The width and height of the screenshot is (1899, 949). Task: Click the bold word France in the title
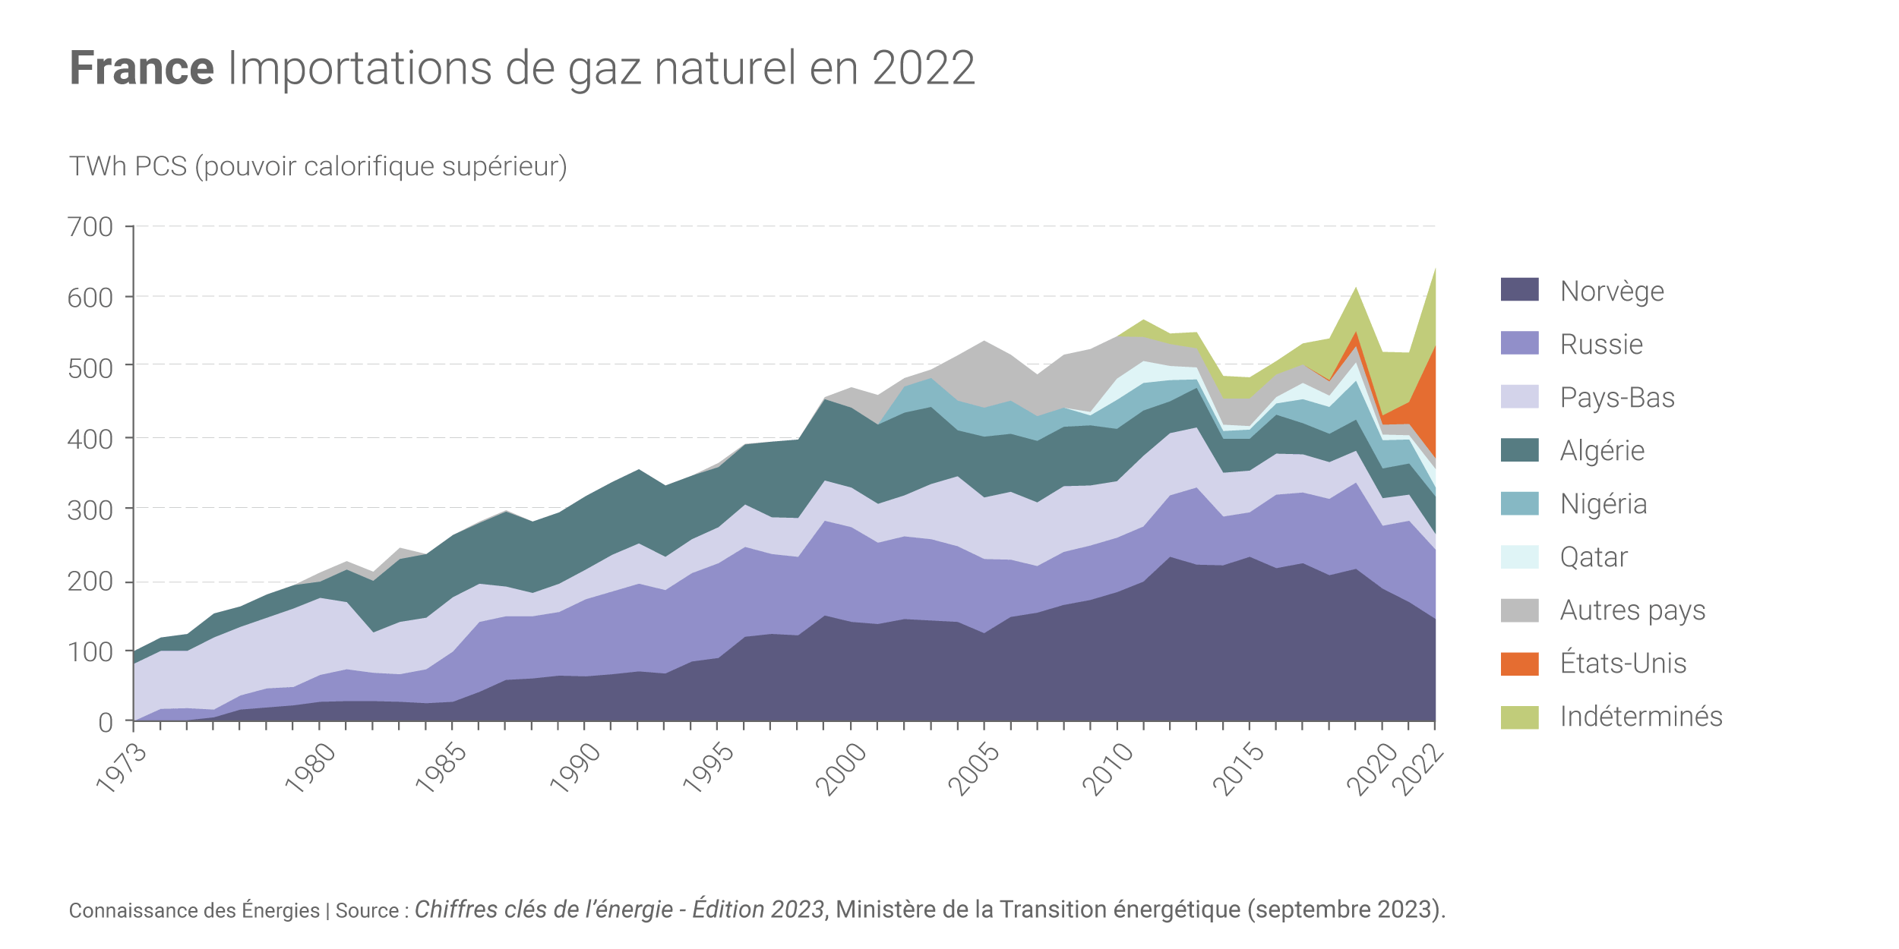(142, 68)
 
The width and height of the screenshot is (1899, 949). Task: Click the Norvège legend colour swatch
(1519, 289)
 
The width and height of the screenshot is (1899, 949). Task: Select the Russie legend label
(1601, 345)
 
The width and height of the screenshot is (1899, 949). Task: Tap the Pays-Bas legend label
(1617, 398)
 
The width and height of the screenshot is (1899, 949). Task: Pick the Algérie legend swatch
(1519, 449)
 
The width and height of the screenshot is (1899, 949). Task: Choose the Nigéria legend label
(1604, 504)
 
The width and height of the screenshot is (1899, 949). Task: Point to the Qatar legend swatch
(1519, 556)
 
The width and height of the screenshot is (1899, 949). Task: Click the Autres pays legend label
(1632, 610)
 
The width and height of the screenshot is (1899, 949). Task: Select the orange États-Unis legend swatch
(1519, 664)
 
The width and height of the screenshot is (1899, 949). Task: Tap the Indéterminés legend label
(1641, 717)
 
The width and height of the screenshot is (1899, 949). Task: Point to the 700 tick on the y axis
(90, 227)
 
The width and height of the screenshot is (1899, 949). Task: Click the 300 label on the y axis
(90, 510)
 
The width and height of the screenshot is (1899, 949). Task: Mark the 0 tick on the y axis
(106, 723)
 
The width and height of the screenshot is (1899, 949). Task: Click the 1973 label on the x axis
(122, 768)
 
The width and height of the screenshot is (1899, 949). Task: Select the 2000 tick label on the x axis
(841, 770)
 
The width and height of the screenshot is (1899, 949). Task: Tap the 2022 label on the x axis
(1417, 770)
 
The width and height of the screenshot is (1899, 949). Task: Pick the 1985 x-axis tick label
(441, 768)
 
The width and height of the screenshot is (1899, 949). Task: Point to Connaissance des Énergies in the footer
(194, 910)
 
